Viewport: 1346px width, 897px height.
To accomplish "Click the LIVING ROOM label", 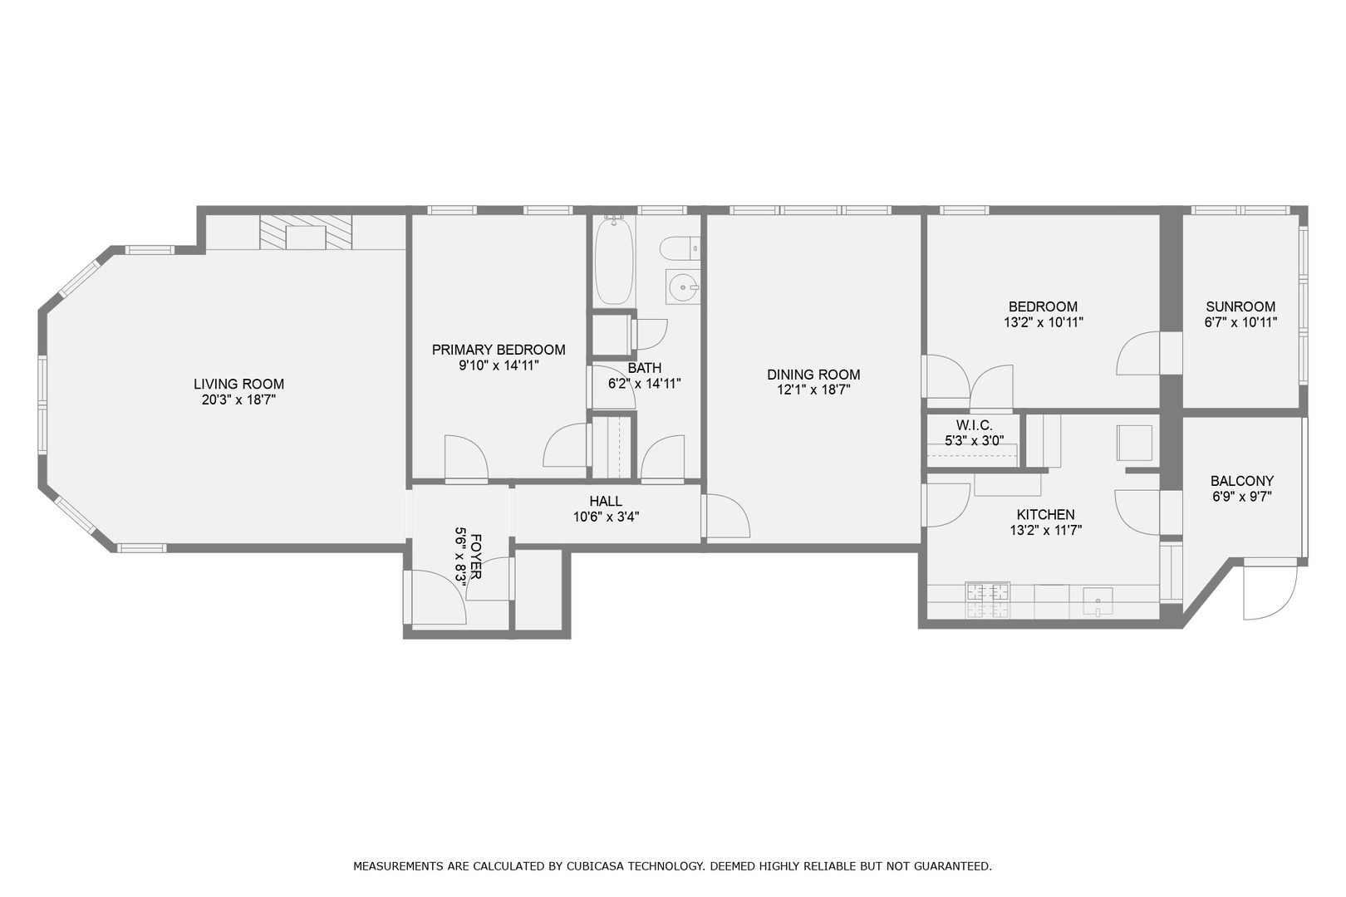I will [x=238, y=384].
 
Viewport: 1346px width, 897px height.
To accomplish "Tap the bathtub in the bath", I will [x=614, y=261].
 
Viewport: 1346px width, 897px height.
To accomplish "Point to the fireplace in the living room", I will [x=306, y=233].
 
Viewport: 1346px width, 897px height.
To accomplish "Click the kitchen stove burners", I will [x=988, y=600].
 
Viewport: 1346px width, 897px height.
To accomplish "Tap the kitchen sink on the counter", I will [x=1098, y=600].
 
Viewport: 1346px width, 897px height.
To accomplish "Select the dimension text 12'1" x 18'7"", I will [x=813, y=390].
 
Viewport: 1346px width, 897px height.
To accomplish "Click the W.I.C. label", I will [x=974, y=425].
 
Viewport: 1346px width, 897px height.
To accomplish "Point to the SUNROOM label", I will [x=1240, y=306].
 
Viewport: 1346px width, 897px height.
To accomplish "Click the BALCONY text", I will [x=1241, y=481].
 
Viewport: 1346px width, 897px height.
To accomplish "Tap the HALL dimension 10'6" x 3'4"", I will [x=606, y=517].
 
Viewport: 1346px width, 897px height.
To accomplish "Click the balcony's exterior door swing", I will [x=1270, y=591].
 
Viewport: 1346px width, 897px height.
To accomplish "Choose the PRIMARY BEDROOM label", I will [x=499, y=350].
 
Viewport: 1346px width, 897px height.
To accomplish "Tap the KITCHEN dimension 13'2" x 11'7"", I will [x=1045, y=530].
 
